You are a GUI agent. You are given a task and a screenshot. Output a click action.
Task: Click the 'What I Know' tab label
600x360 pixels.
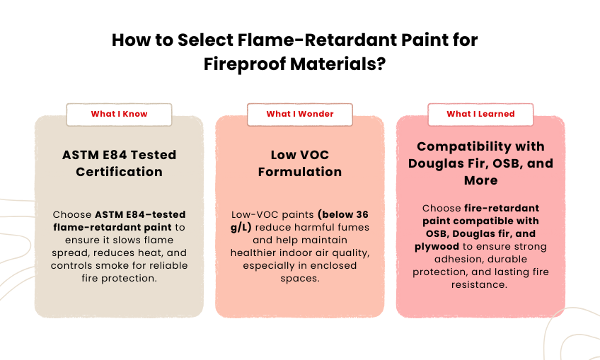click(119, 114)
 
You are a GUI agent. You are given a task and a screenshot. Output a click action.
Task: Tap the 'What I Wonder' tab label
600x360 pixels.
click(299, 114)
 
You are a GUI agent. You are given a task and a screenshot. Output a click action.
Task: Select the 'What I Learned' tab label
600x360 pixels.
click(480, 114)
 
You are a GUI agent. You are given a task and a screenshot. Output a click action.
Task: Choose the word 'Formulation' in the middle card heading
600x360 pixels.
click(299, 172)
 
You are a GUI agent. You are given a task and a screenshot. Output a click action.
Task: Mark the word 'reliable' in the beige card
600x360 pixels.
click(174, 265)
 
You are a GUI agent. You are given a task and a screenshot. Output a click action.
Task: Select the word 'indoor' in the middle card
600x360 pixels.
click(304, 252)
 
